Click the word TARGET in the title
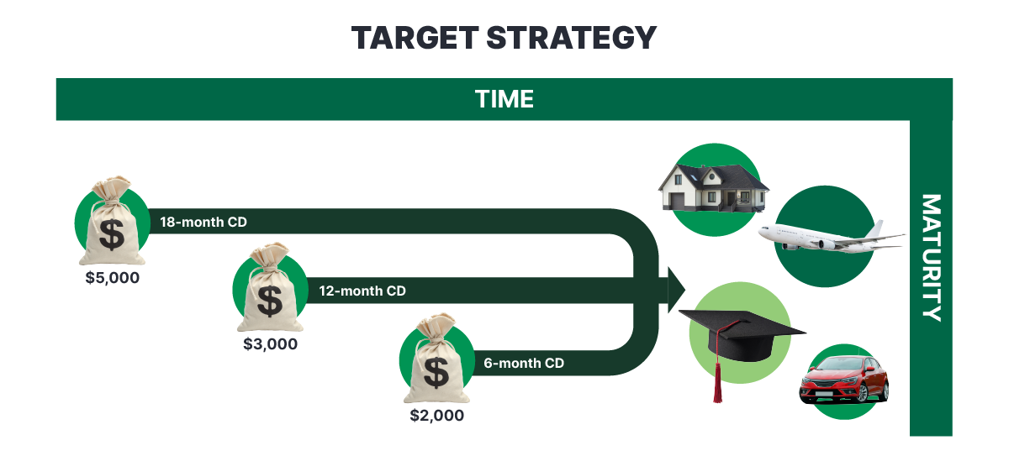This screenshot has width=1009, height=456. coord(415,38)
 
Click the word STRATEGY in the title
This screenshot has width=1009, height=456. coord(572,38)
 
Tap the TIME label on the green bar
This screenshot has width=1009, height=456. coord(504,99)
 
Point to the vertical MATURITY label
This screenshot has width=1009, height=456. coord(931,258)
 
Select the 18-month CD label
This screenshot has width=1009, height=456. coord(203,223)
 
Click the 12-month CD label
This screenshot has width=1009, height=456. coord(362,291)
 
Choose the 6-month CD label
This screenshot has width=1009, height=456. coord(524,363)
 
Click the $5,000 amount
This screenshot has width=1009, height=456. coord(112,278)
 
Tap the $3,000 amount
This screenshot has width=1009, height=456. coord(270,344)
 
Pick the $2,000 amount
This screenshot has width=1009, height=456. coord(437,416)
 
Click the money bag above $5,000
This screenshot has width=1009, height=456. coord(112,221)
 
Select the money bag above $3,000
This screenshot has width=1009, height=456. coord(270,288)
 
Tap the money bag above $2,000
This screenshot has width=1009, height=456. coord(436,359)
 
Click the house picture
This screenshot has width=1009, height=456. coord(714,188)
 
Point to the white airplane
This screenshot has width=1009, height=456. coord(832,238)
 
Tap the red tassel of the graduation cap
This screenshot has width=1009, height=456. coord(717,382)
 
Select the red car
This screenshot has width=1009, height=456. coord(844,380)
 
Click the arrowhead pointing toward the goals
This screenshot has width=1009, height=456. coord(676,290)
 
